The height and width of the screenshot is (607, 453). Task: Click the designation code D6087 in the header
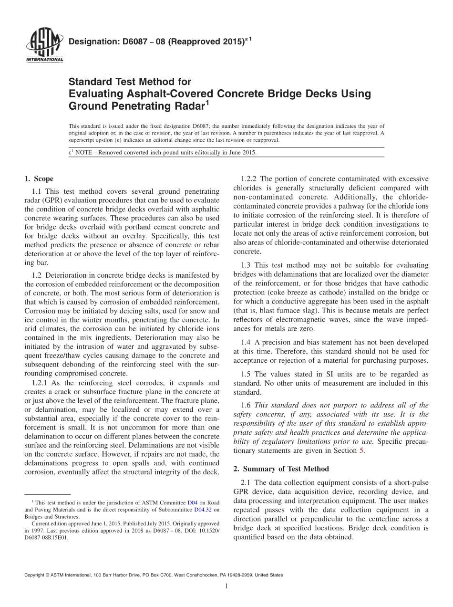click(x=128, y=42)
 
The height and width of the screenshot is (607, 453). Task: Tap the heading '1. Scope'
click(x=39, y=179)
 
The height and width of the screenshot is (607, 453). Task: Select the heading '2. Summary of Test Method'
click(x=281, y=469)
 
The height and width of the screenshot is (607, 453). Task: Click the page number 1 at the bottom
click(x=226, y=586)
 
